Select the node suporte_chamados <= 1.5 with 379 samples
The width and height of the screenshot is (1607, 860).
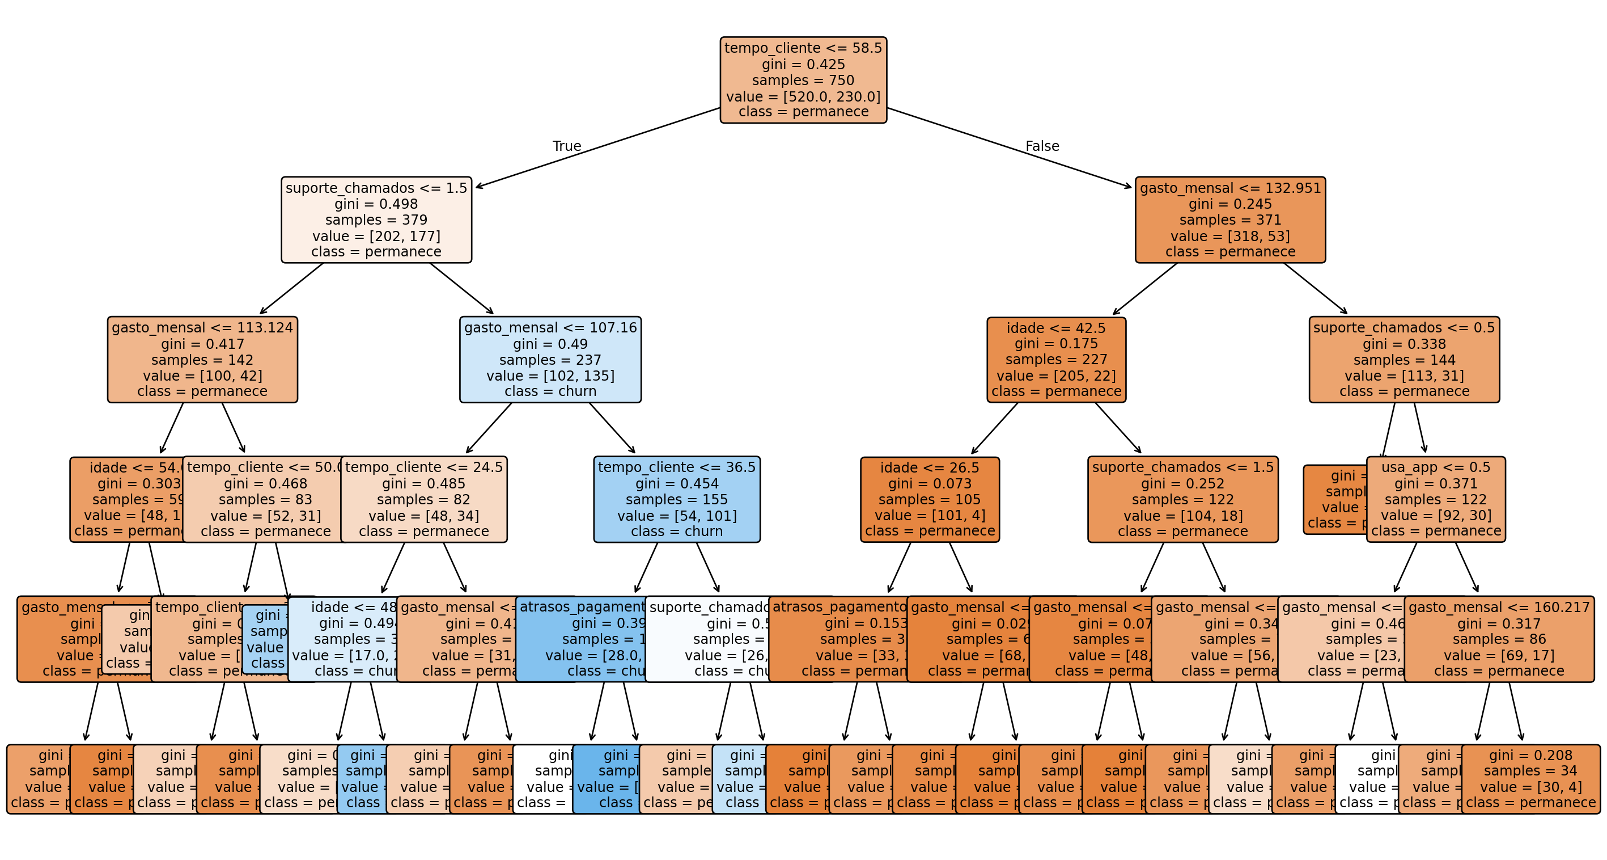point(376,220)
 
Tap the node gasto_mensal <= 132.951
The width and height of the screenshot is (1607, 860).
point(1229,220)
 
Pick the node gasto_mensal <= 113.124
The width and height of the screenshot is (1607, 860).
point(202,360)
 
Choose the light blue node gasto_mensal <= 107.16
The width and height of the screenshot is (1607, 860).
point(550,360)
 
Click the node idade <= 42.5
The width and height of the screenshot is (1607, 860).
point(1056,360)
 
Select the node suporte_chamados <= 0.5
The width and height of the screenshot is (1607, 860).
point(1404,360)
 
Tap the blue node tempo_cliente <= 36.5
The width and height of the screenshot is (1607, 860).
point(677,499)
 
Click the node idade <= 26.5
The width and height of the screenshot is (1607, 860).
point(930,499)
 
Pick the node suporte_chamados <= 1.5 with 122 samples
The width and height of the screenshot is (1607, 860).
point(1183,499)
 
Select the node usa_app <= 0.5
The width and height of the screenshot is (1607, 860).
point(1435,499)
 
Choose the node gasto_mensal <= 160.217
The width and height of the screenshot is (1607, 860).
point(1499,639)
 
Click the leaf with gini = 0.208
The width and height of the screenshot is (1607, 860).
point(1530,779)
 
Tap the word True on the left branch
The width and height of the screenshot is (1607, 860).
point(566,146)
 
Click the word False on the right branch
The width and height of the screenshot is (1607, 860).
point(1042,146)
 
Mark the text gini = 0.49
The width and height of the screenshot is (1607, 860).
point(550,344)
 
